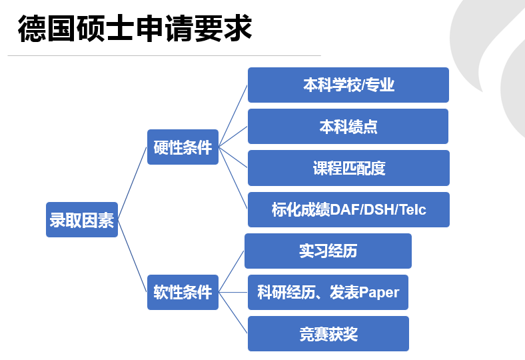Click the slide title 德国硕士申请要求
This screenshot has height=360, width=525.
click(135, 28)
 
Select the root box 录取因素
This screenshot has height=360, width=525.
click(82, 220)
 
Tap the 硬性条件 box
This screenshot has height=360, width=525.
click(183, 147)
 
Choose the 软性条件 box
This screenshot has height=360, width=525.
click(183, 293)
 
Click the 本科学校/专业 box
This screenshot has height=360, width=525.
click(348, 85)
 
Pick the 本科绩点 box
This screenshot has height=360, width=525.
click(348, 127)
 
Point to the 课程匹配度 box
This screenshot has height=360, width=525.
click(348, 168)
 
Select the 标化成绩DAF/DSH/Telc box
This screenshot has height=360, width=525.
click(348, 209)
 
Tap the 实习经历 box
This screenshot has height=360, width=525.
click(328, 251)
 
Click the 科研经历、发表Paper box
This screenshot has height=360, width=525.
click(328, 293)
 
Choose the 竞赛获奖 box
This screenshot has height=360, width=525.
click(328, 334)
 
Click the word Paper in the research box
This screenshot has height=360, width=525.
click(379, 293)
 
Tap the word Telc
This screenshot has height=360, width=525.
click(413, 210)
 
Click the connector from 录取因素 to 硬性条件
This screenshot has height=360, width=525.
click(133, 183)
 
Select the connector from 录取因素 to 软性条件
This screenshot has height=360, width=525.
click(133, 256)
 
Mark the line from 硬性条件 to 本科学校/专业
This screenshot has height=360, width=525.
click(233, 116)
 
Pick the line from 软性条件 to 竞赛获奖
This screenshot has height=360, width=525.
click(233, 313)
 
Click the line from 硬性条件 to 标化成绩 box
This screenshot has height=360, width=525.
click(233, 178)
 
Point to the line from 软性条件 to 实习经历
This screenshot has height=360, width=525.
click(232, 271)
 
